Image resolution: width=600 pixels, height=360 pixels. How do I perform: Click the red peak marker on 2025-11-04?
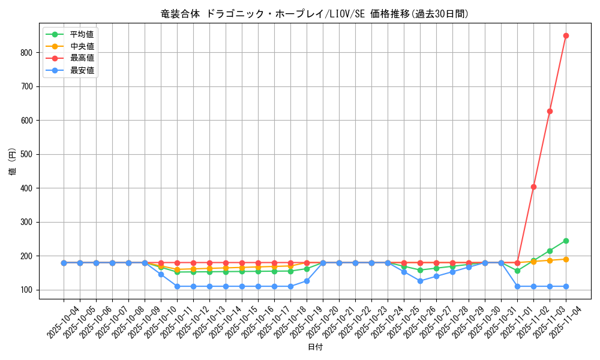click(x=566, y=35)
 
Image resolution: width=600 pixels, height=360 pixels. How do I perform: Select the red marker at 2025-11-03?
click(x=550, y=111)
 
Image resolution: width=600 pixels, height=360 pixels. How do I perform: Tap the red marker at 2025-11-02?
click(x=533, y=187)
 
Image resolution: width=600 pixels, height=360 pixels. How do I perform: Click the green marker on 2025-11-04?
click(x=566, y=241)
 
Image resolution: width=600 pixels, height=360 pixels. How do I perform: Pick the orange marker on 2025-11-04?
click(x=566, y=259)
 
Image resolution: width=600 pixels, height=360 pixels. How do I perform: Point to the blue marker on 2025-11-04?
click(x=566, y=286)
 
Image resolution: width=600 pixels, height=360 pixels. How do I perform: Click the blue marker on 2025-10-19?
click(x=307, y=281)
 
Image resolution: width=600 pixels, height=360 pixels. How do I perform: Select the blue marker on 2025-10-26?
click(x=420, y=281)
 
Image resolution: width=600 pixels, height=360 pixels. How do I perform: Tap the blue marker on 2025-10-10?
click(x=161, y=274)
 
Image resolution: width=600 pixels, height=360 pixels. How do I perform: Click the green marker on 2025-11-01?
click(x=517, y=271)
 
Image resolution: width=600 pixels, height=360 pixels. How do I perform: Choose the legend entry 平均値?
click(x=82, y=34)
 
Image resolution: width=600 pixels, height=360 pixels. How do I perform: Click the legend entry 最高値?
click(x=82, y=58)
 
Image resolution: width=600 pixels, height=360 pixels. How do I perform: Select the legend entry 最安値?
click(x=82, y=70)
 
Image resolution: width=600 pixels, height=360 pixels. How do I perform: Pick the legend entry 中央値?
click(x=82, y=46)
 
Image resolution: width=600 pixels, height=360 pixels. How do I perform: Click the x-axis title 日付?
click(x=315, y=347)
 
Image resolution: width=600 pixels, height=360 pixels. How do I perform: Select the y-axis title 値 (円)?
click(x=13, y=161)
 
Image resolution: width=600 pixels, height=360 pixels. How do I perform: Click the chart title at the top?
click(x=315, y=14)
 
